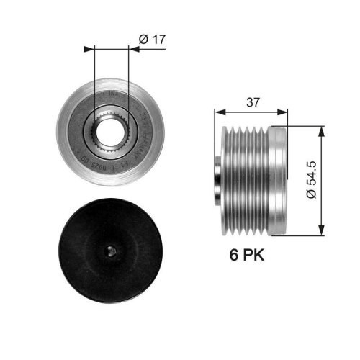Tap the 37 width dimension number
(251, 103)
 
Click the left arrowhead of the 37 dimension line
(218, 112)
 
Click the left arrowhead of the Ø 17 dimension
(91, 49)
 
